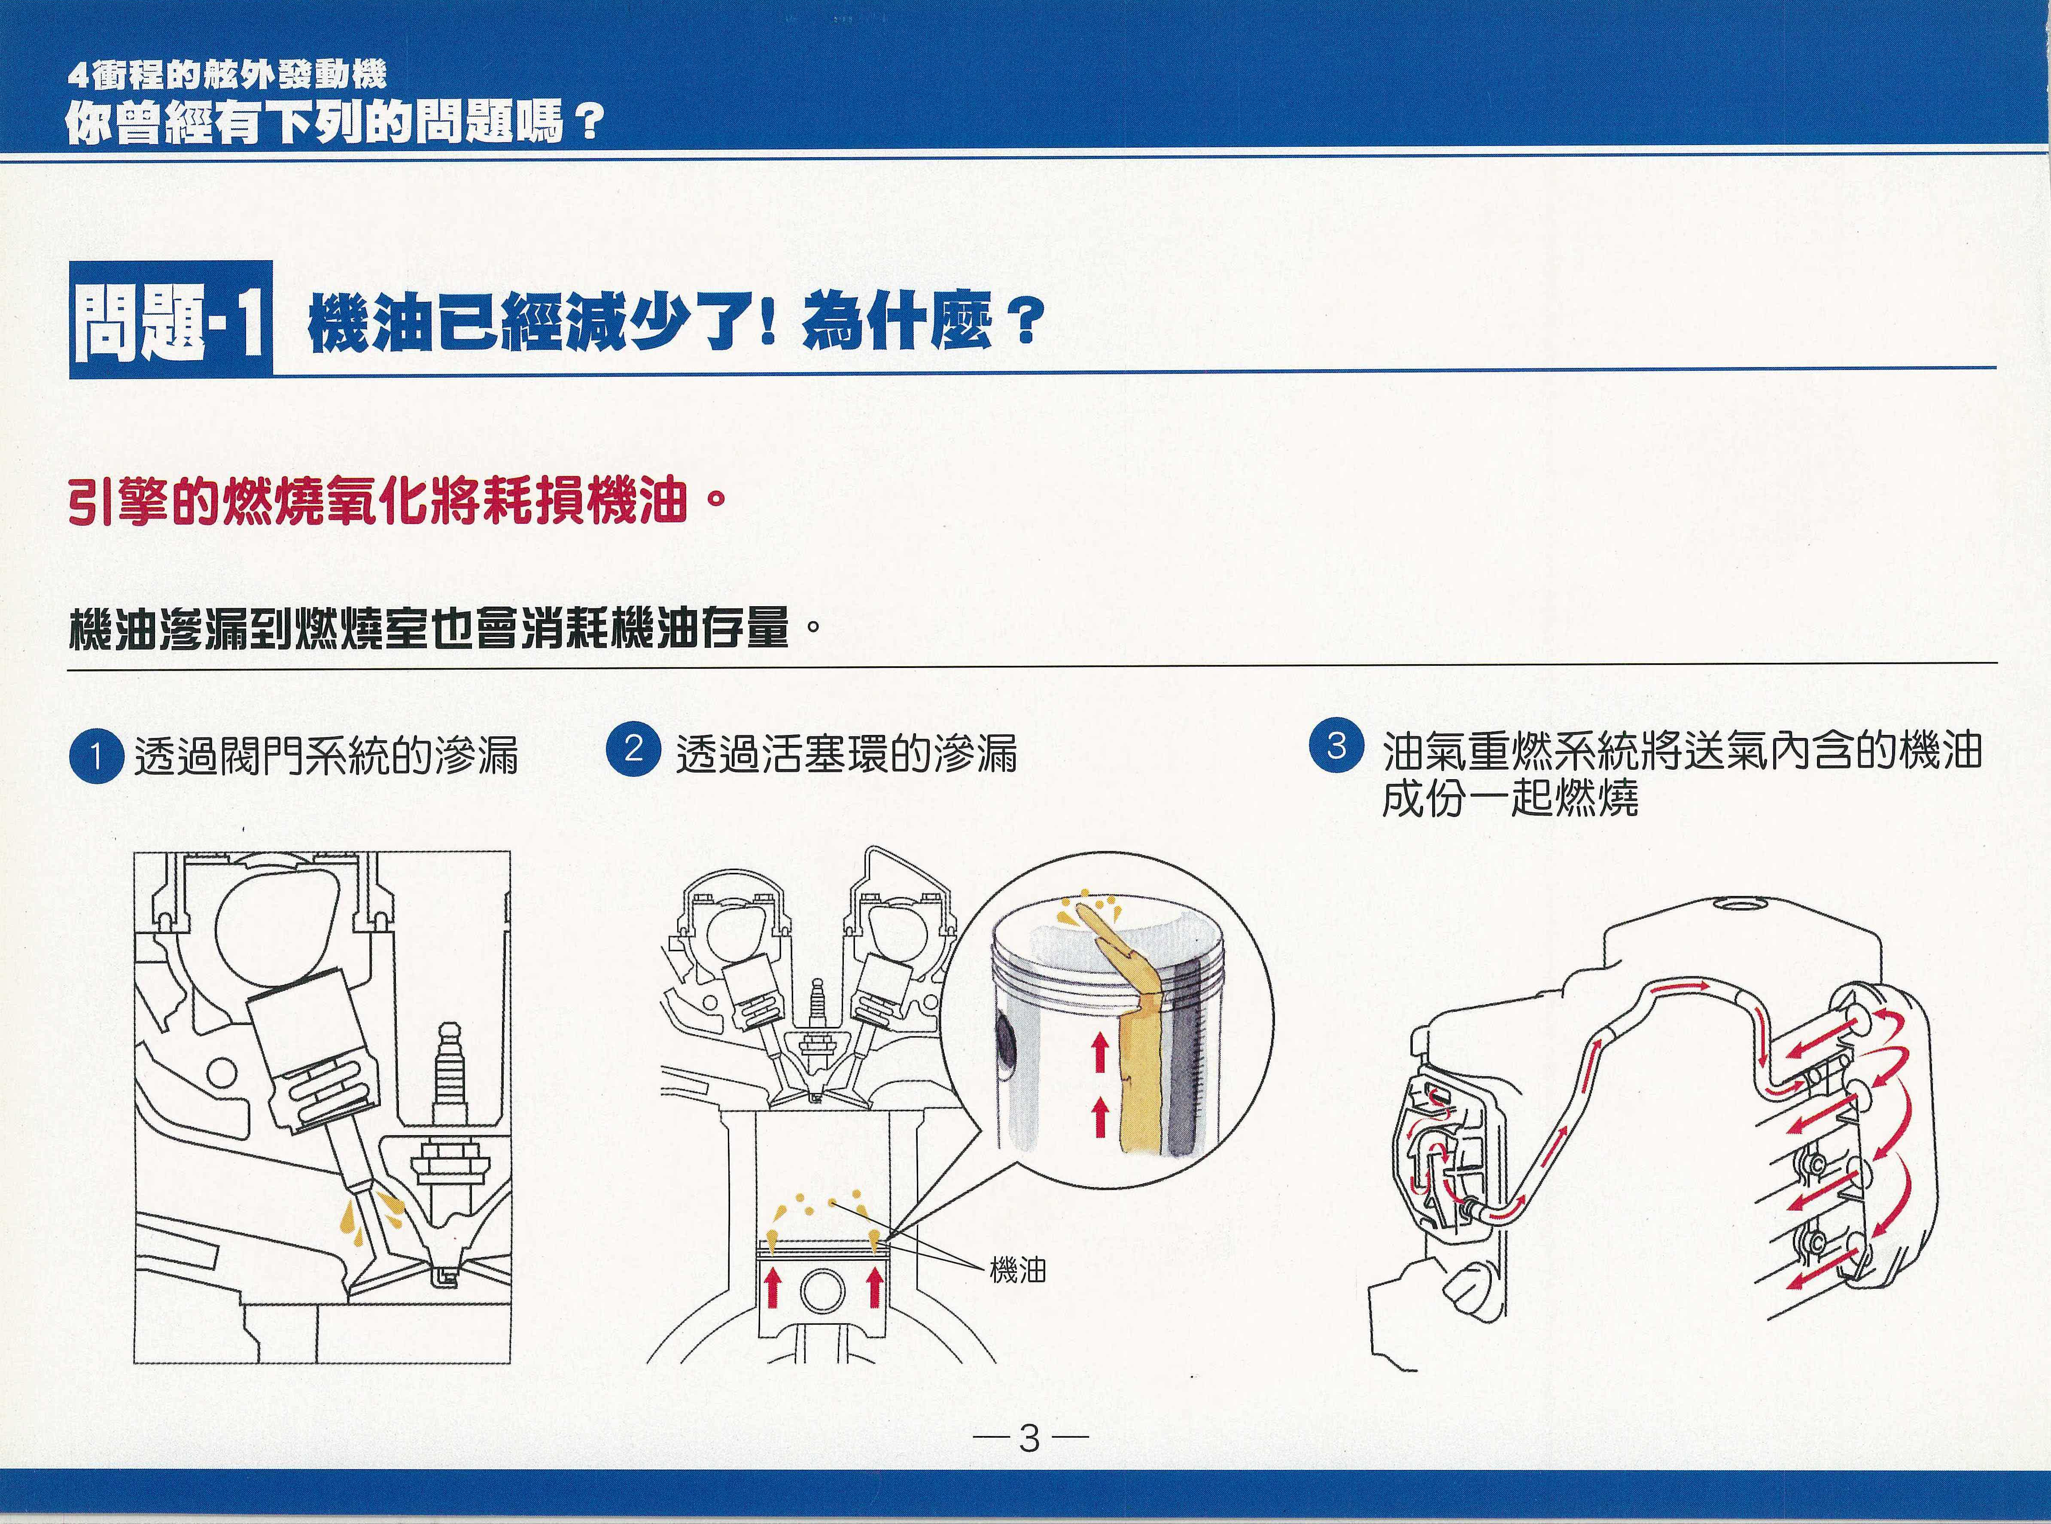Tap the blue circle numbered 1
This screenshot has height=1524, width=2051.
click(95, 756)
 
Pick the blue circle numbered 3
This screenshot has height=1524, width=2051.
click(1336, 744)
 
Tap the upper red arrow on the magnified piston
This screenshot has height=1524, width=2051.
click(1098, 1053)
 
